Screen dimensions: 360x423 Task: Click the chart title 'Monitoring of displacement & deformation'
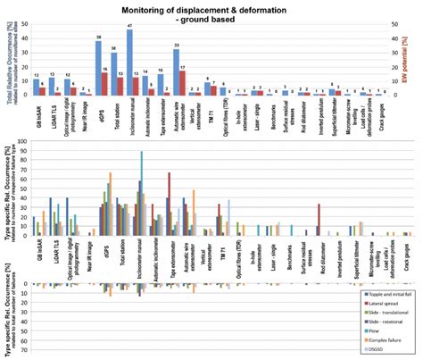tap(213, 9)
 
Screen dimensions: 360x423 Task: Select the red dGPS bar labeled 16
tap(104, 84)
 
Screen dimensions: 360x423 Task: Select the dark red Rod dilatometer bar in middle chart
tap(319, 220)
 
